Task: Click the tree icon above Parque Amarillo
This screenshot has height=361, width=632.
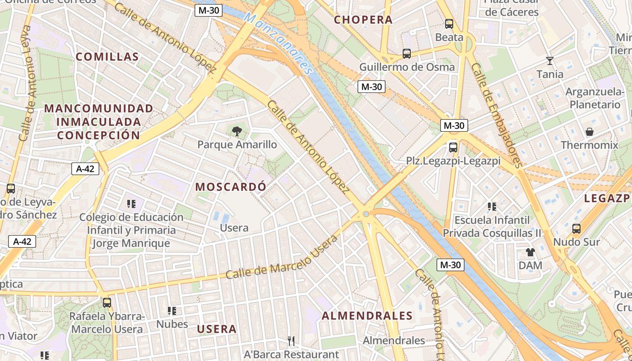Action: tap(236, 131)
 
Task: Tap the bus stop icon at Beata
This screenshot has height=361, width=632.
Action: tap(449, 24)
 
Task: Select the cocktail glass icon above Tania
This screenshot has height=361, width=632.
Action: tap(549, 61)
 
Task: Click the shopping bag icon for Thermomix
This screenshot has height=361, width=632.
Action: tap(589, 132)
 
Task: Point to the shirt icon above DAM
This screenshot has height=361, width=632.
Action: tap(530, 252)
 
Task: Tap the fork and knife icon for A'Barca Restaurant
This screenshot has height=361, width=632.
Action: tap(291, 341)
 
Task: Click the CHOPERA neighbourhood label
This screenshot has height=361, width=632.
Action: tap(363, 20)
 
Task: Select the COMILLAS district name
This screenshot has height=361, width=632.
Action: tap(107, 57)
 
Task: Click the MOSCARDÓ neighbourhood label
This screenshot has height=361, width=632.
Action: tap(230, 187)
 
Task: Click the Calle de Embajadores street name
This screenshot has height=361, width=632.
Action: tap(497, 115)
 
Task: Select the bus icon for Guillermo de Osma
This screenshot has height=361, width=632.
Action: tap(406, 54)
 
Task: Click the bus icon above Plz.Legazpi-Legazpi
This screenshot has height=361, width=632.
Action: tap(453, 147)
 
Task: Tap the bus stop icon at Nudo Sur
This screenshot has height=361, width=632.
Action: tap(576, 228)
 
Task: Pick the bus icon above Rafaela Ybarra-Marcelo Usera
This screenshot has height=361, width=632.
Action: tap(107, 302)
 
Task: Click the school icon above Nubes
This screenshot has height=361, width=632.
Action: tap(172, 310)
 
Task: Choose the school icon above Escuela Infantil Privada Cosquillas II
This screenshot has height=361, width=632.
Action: tap(492, 207)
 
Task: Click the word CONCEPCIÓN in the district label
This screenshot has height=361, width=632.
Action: tap(99, 135)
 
